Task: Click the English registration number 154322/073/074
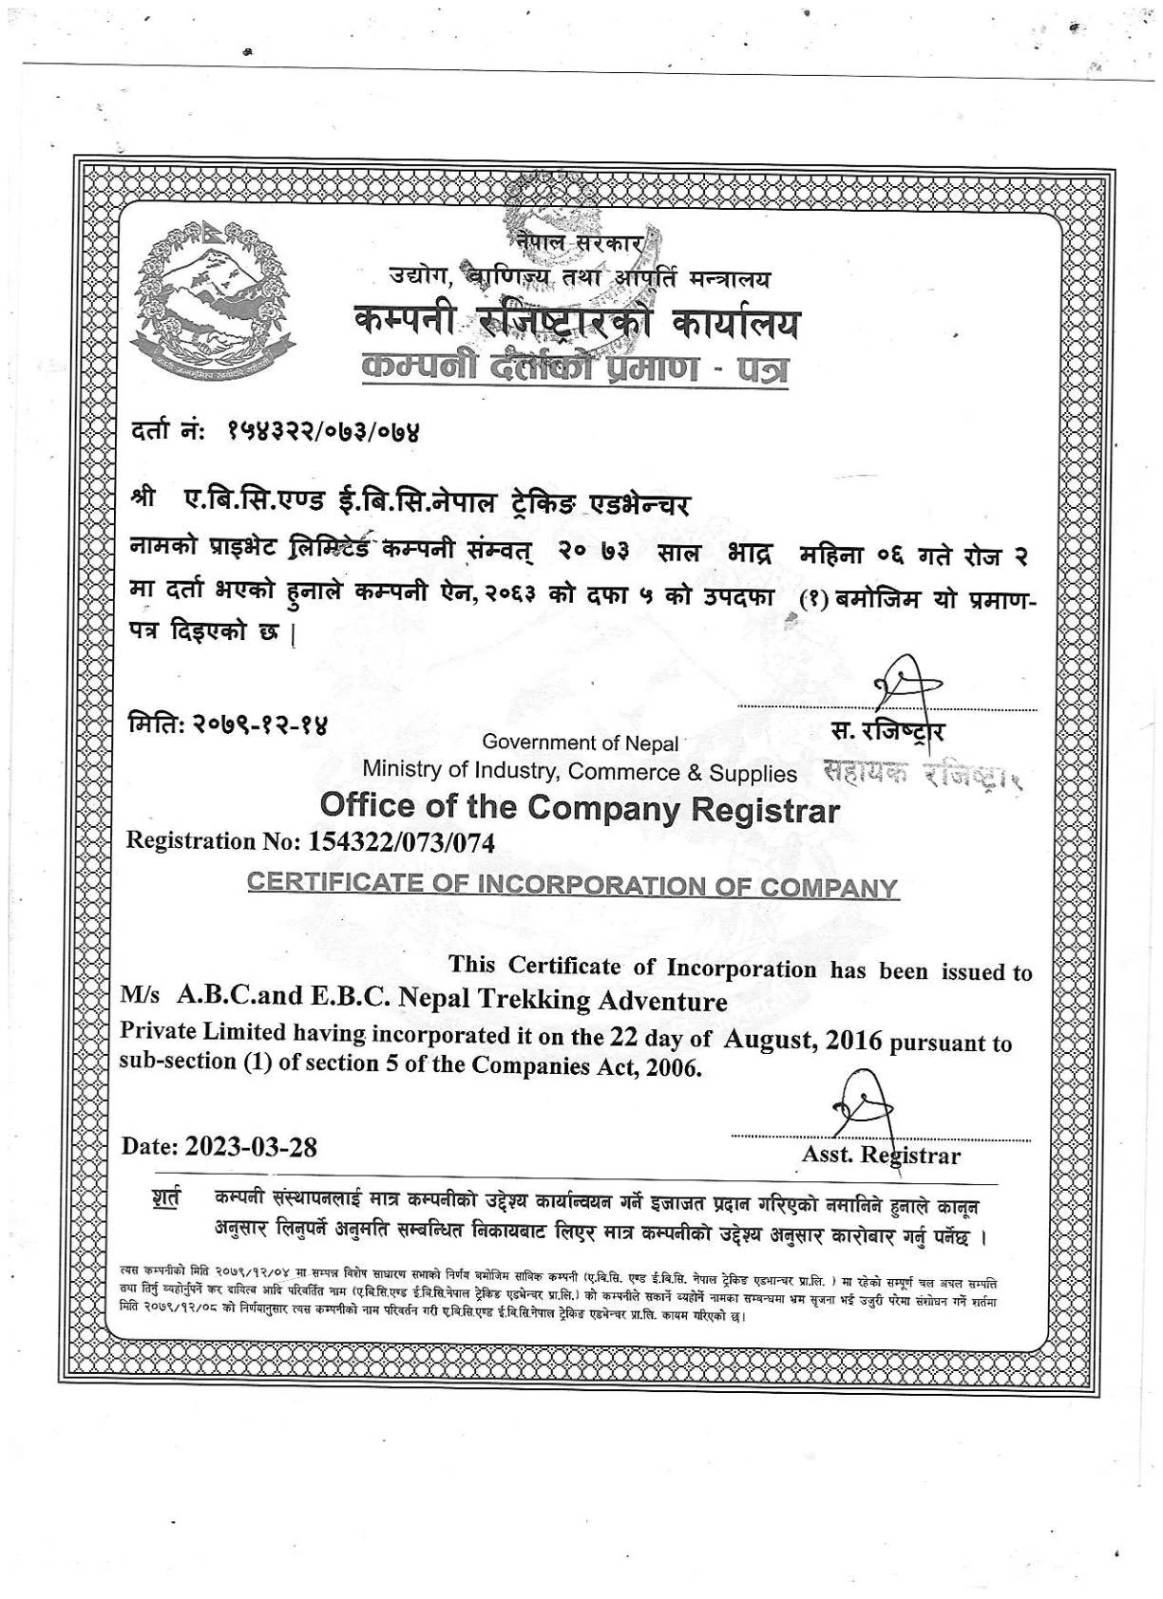click(397, 841)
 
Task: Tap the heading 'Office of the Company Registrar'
click(580, 808)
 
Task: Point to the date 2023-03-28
click(251, 1146)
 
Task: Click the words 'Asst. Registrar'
click(881, 1156)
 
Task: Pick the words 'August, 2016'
click(803, 1040)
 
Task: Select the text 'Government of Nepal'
click(581, 743)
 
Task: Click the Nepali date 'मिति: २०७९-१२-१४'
click(228, 726)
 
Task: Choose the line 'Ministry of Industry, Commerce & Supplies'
click(580, 773)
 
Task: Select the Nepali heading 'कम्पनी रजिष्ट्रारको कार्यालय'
click(576, 324)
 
